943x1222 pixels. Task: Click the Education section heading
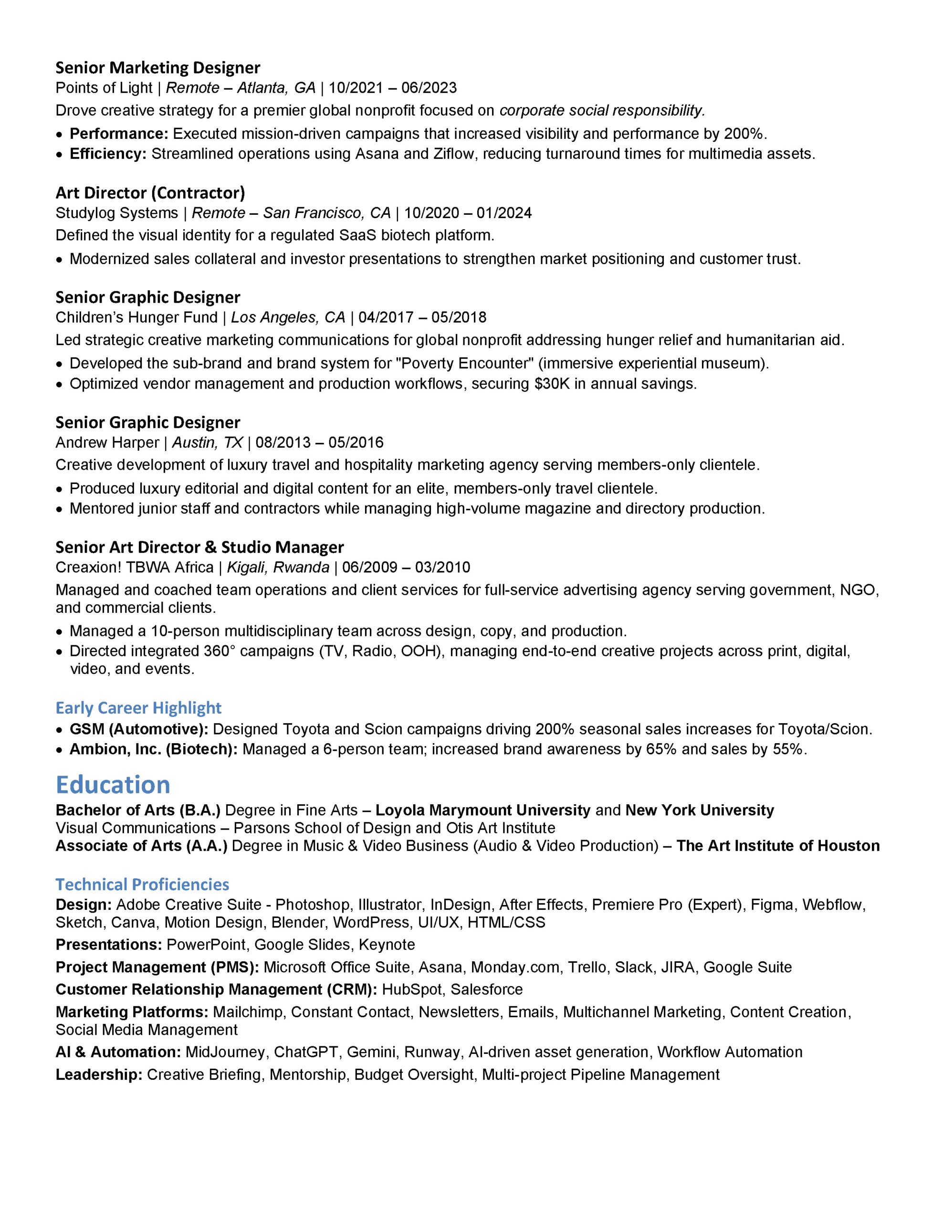click(113, 785)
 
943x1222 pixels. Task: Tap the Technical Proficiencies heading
click(142, 884)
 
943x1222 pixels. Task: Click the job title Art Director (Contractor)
click(150, 192)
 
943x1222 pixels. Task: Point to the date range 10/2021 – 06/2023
click(393, 88)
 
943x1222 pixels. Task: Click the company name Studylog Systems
click(116, 213)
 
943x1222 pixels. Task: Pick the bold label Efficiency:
click(108, 154)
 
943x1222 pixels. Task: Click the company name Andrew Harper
click(107, 442)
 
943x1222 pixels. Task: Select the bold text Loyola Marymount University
click(482, 810)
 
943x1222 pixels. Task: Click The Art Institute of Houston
click(778, 845)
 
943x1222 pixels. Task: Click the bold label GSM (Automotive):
click(139, 729)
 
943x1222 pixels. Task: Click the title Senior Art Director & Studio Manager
click(199, 547)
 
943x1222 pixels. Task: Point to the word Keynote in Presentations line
click(387, 945)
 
